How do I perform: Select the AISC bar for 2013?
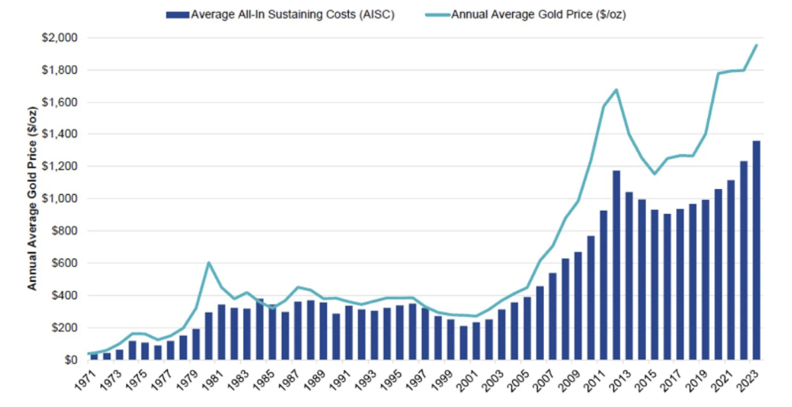pyautogui.click(x=628, y=276)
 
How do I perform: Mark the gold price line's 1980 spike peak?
pyautogui.click(x=209, y=262)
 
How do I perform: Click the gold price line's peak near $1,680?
pyautogui.click(x=616, y=89)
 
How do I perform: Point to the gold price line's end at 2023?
pyautogui.click(x=756, y=45)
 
